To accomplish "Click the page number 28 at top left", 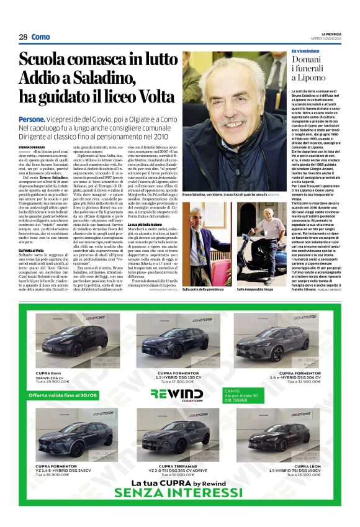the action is click(23, 37).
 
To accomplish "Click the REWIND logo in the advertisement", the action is click(176, 393).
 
